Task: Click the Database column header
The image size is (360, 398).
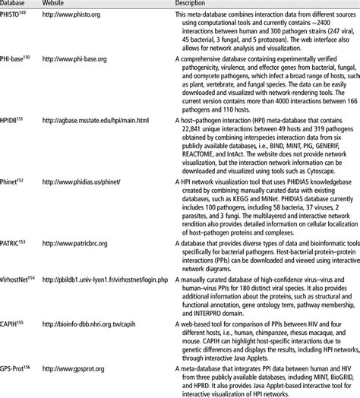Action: click(14, 4)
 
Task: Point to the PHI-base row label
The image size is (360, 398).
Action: click(15, 59)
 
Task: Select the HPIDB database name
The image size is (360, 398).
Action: click(13, 121)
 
